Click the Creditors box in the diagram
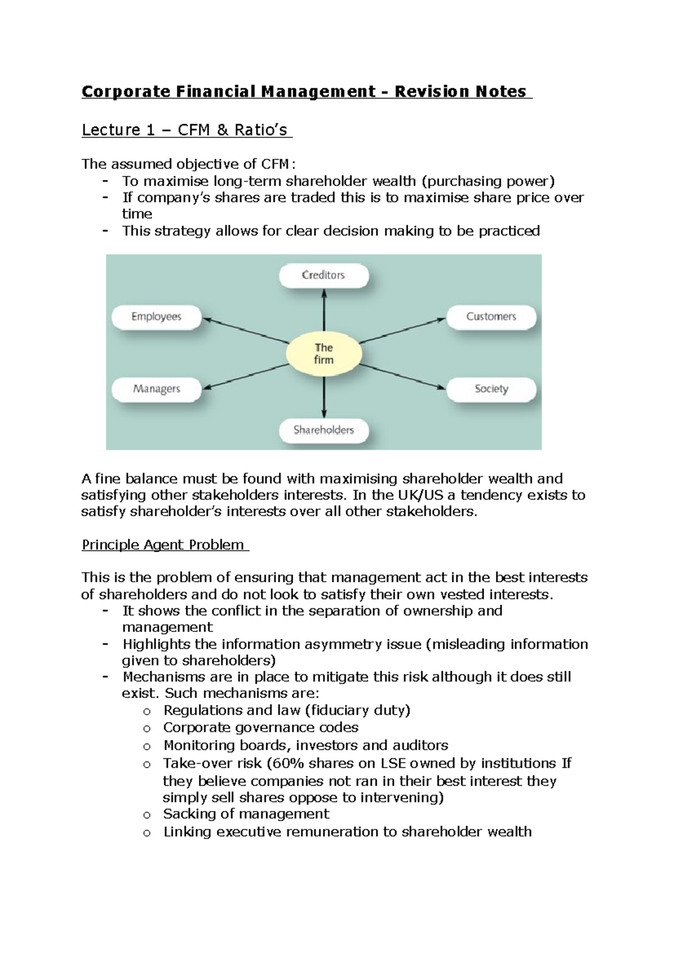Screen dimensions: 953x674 [x=324, y=276]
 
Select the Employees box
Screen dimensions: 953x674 [x=156, y=317]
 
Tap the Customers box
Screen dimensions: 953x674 [x=491, y=317]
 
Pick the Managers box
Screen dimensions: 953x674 [x=156, y=389]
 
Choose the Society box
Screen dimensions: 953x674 [x=491, y=389]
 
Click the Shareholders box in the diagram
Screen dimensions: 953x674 [x=324, y=430]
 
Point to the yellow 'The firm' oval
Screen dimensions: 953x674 [x=324, y=354]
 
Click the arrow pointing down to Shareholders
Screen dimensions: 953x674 [x=324, y=396]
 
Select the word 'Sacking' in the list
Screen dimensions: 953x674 [x=189, y=814]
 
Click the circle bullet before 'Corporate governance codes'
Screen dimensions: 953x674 [x=147, y=729]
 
